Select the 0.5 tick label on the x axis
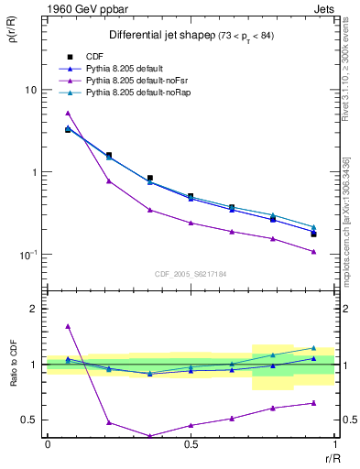[x=191, y=444]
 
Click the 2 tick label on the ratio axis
[x=35, y=309]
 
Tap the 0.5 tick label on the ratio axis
[x=30, y=420]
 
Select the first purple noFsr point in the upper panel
[x=68, y=114]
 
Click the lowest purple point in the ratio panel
[x=149, y=436]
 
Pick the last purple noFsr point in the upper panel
[x=313, y=251]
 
